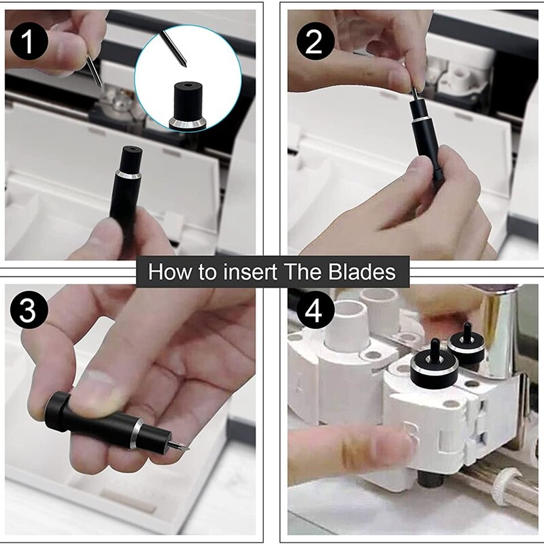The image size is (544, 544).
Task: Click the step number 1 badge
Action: point(29,41)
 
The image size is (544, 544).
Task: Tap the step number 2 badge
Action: point(315,41)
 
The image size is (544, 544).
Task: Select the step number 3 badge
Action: point(29,310)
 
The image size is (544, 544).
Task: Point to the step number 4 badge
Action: point(315,310)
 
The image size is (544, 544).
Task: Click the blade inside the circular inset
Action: point(173,48)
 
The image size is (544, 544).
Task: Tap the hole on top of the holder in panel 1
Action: point(132,149)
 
